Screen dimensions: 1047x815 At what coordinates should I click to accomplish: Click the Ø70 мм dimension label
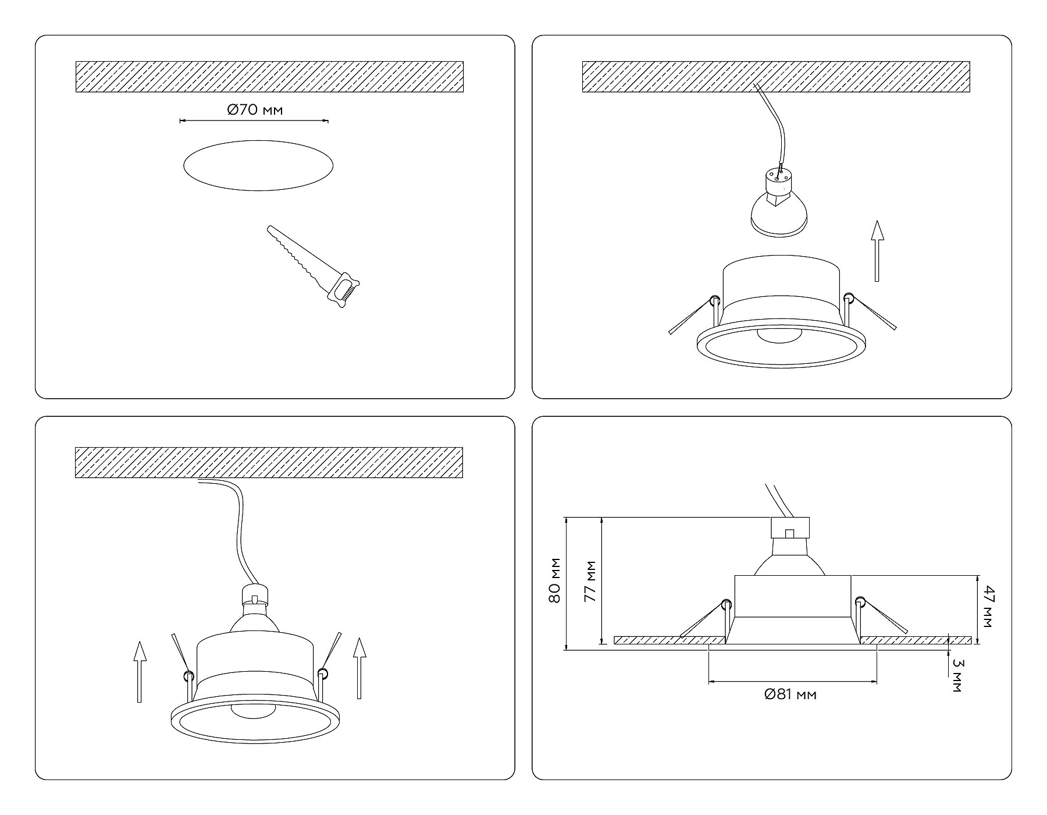pos(255,109)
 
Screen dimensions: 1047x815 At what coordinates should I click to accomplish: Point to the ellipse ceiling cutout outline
pos(258,165)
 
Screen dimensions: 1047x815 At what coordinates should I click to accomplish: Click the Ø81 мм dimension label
pos(790,694)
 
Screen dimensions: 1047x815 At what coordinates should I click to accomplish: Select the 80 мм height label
pos(554,580)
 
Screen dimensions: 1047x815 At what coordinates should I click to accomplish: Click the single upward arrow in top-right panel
pos(877,250)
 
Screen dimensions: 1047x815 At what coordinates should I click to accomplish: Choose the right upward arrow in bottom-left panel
pos(359,668)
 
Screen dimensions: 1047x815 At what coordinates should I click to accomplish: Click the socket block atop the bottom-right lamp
pos(790,528)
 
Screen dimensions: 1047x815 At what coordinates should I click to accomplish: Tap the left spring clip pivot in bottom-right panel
pos(725,604)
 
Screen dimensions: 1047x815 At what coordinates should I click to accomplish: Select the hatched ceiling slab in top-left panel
pos(269,76)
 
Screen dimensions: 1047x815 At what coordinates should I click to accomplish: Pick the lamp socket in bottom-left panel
pos(255,595)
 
